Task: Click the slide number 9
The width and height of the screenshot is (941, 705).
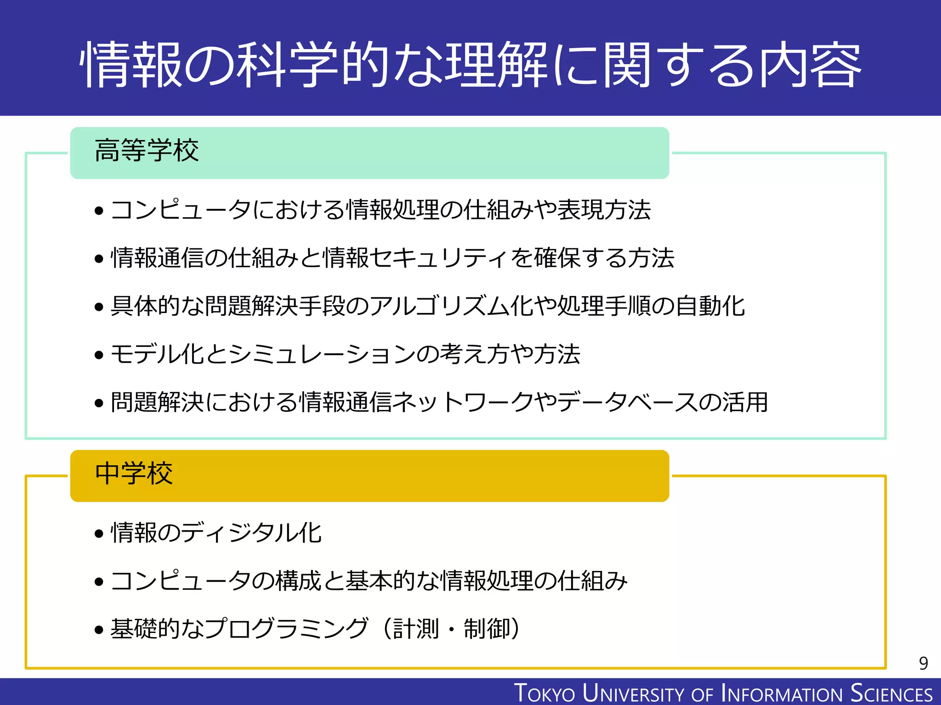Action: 923,663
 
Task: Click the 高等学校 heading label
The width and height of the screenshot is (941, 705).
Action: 147,151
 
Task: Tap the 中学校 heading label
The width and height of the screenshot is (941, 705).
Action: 134,474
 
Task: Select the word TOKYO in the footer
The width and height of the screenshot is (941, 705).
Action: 544,693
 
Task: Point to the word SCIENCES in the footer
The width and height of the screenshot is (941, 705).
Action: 891,693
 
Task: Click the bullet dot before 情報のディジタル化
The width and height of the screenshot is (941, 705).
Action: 99,534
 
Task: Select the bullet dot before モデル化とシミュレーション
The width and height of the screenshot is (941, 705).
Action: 99,355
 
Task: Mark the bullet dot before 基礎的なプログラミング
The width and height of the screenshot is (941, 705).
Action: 99,630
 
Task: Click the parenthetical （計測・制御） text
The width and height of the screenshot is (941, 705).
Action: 450,629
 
